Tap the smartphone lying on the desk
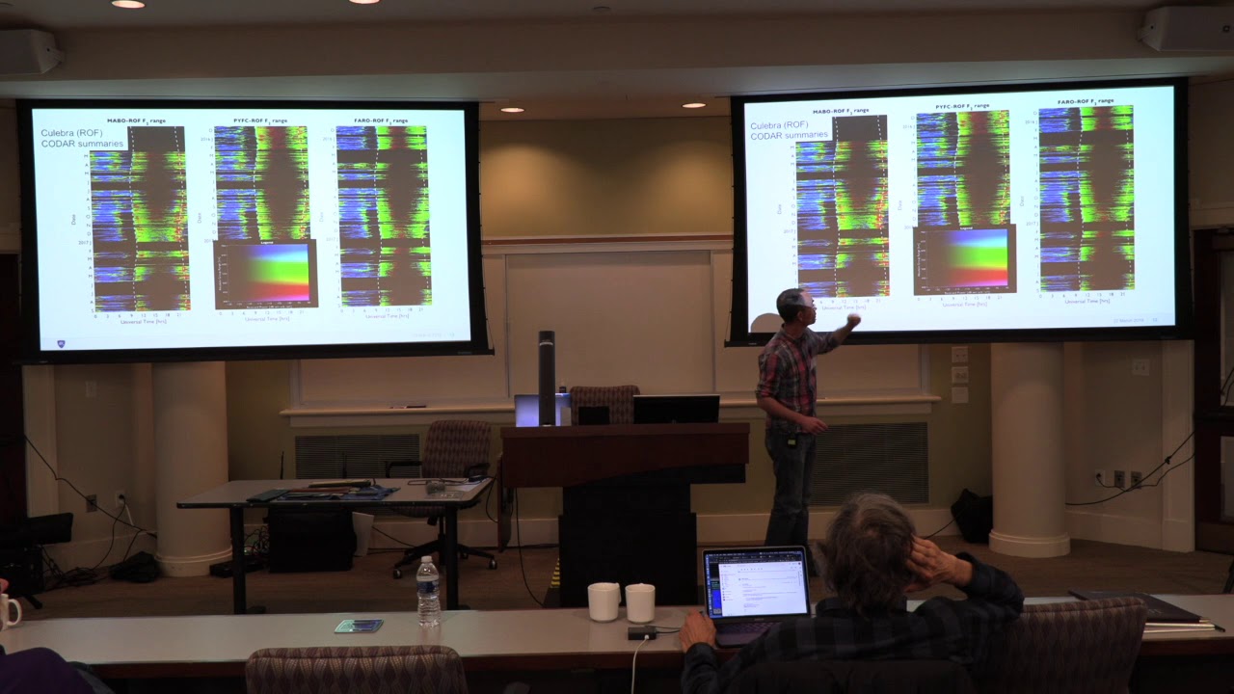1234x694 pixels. [358, 626]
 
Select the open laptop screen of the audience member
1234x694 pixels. [756, 585]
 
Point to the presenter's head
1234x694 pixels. [796, 307]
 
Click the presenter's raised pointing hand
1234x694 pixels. [852, 320]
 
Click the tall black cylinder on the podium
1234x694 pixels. [547, 377]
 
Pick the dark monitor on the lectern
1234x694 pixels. [675, 409]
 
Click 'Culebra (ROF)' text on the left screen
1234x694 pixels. [71, 132]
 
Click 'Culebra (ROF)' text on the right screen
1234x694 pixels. [780, 125]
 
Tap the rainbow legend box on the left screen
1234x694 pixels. [265, 274]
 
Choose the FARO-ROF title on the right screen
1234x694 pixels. [1085, 101]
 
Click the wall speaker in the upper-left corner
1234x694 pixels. [30, 52]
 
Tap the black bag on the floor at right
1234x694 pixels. [972, 516]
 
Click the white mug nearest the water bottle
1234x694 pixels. [604, 601]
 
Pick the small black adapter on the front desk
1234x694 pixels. [641, 633]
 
